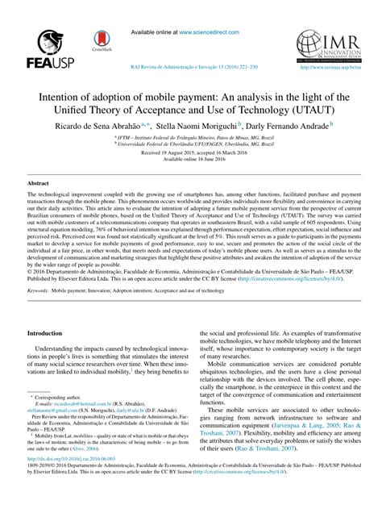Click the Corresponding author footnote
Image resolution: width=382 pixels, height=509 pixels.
point(59,419)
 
